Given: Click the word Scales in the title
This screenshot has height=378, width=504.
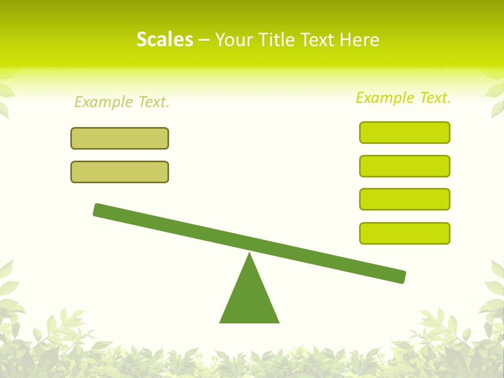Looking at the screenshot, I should tap(164, 39).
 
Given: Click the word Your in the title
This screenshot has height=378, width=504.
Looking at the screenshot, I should tap(235, 39).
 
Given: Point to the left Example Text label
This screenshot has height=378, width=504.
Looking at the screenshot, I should tap(122, 102).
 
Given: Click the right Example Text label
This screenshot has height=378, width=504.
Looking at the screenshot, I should tap(403, 98).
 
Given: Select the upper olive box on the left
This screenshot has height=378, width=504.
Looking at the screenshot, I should tap(120, 138).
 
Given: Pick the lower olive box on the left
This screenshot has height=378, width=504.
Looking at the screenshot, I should tap(120, 172).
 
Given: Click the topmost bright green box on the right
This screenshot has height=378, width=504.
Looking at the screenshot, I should tap(404, 132).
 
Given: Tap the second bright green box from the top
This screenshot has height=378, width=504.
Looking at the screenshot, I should tap(404, 166).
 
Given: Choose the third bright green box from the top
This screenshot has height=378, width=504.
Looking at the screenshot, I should tap(404, 199).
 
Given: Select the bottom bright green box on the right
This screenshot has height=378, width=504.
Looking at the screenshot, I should tap(404, 233).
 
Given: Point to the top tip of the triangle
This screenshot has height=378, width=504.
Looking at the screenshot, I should tap(249, 254).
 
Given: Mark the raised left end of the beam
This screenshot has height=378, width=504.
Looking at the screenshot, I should tap(98, 209).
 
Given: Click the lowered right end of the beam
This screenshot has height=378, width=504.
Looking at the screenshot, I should tap(401, 277).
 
